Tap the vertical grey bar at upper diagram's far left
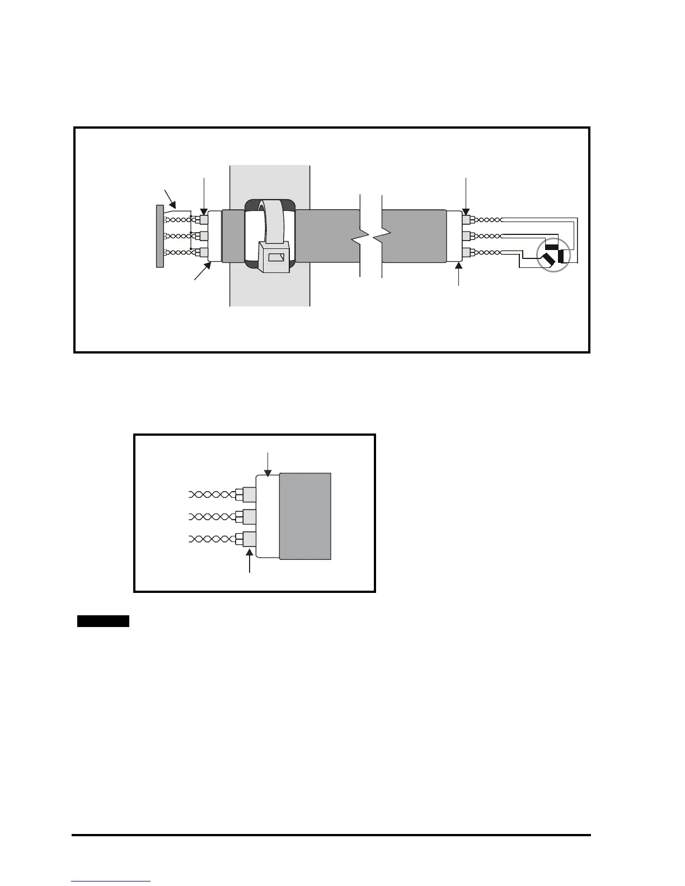point(159,235)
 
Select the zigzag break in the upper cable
point(369,237)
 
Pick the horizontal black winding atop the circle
point(552,247)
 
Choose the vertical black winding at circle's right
point(562,256)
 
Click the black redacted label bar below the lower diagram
point(103,621)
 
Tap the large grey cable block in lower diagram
point(305,516)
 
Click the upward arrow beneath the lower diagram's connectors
point(249,560)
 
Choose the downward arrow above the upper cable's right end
point(466,196)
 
